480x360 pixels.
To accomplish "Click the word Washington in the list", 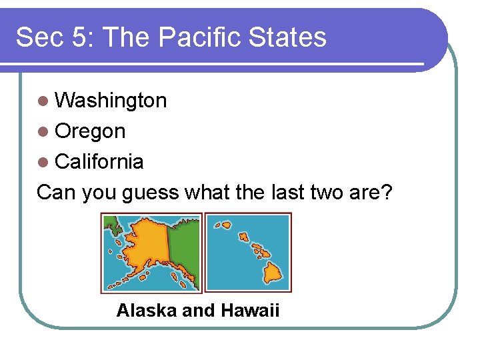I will [x=111, y=101].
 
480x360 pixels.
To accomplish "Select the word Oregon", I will [x=90, y=131].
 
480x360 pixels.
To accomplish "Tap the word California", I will [x=99, y=161].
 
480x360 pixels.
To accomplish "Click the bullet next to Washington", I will [x=43, y=101].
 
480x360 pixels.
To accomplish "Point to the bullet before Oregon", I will [x=43, y=132].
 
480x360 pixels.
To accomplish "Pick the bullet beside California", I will [x=43, y=162].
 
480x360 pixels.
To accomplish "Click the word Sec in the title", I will [x=35, y=38].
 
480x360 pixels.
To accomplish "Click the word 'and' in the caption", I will [x=199, y=311].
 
